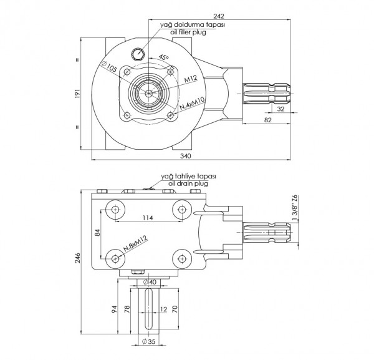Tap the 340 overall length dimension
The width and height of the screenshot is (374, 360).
point(185,155)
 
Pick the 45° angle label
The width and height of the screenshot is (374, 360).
point(164,57)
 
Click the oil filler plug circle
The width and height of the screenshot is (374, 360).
point(139,53)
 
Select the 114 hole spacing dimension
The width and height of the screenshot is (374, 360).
point(148,218)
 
